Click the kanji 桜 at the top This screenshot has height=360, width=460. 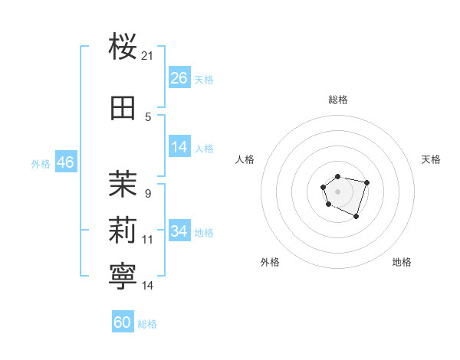(x=123, y=47)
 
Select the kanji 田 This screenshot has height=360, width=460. (x=123, y=108)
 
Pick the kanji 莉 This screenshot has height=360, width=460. (x=123, y=231)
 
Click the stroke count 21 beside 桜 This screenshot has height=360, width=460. (x=148, y=56)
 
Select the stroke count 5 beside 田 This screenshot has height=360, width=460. (x=148, y=116)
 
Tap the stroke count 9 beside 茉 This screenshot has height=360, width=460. (x=148, y=193)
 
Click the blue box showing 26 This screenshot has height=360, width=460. (x=179, y=78)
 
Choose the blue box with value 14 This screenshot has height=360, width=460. (x=179, y=147)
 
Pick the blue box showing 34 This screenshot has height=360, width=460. (x=179, y=231)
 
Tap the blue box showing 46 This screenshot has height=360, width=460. (x=65, y=162)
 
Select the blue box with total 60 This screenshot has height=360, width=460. (x=123, y=322)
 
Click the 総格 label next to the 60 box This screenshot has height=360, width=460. (x=147, y=324)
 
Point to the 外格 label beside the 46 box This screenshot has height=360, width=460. (x=41, y=163)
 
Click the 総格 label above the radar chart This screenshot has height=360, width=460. (x=338, y=100)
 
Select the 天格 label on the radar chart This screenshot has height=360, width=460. (x=432, y=159)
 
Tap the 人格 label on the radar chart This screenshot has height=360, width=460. (x=245, y=159)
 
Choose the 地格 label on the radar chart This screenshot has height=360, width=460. (x=402, y=262)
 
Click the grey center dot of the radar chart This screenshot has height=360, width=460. (x=337, y=191)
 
